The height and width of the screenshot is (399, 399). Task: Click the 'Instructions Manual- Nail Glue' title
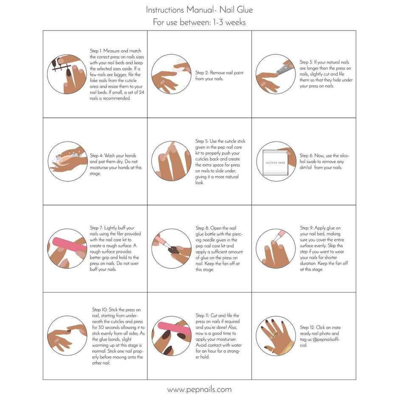pyautogui.click(x=199, y=9)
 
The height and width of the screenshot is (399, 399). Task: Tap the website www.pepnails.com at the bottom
pyautogui.click(x=199, y=389)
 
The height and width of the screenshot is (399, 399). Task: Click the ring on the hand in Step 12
pyautogui.click(x=275, y=334)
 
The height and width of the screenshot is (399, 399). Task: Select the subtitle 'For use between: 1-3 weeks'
pyautogui.click(x=199, y=22)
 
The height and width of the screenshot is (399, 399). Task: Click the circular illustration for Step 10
pyautogui.click(x=67, y=335)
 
